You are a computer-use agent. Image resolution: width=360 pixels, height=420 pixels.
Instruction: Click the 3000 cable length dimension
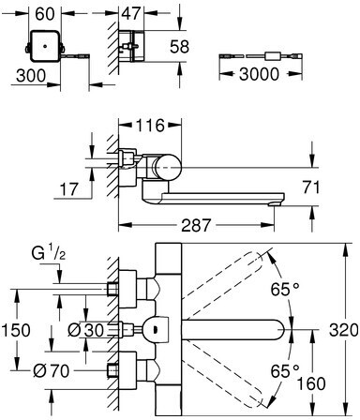(x=259, y=74)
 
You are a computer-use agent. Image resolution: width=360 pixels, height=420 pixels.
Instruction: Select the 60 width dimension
(x=45, y=14)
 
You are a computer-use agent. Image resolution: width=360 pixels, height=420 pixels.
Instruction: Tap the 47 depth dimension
(x=131, y=14)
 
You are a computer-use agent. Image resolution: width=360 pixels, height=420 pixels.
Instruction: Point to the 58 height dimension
(x=180, y=47)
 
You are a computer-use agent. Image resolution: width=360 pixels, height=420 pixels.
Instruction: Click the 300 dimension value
(x=31, y=76)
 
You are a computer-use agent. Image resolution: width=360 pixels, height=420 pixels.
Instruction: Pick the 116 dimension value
(x=150, y=126)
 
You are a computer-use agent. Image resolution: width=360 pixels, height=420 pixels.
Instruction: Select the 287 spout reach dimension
(x=197, y=225)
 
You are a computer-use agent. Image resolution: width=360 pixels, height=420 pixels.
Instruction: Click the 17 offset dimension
(x=69, y=189)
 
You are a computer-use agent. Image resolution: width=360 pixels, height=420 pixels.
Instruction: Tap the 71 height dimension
(x=310, y=187)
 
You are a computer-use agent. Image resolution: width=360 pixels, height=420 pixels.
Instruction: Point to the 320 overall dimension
(x=343, y=330)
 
